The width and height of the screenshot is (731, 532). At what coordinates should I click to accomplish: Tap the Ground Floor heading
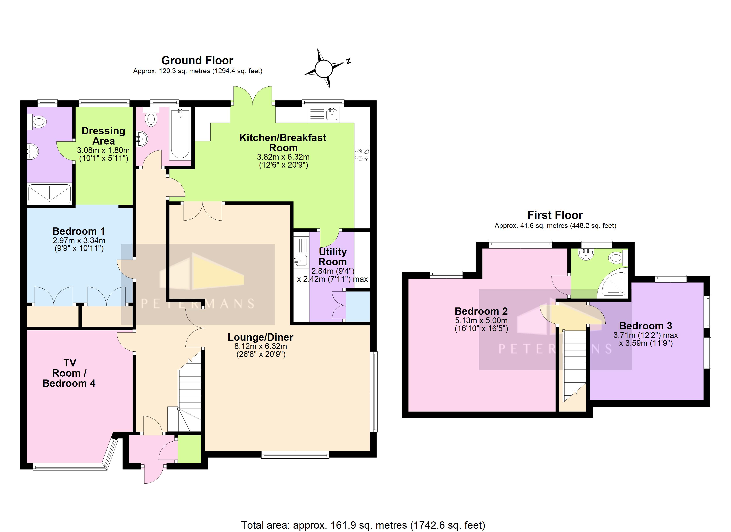tap(197, 60)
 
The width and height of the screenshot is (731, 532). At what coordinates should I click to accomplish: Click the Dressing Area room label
tap(103, 136)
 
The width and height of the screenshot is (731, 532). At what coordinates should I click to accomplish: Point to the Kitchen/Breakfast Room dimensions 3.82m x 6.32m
tap(283, 157)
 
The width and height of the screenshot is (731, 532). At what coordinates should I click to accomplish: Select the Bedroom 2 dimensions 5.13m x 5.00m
tap(481, 321)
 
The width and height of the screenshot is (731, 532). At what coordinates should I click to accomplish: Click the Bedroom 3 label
tap(645, 326)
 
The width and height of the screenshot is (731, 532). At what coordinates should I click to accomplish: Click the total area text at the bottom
tap(363, 525)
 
